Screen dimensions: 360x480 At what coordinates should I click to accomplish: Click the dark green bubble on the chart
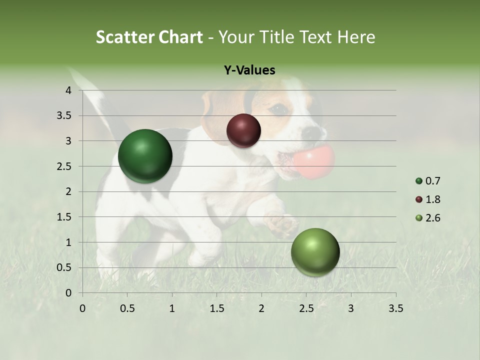point(145,156)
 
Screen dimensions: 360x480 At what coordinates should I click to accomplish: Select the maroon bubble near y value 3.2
point(243,130)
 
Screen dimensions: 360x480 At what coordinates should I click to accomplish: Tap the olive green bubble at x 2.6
point(315,252)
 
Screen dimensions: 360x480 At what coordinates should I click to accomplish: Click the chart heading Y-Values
point(249,70)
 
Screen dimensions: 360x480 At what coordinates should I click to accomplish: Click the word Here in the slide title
point(356,37)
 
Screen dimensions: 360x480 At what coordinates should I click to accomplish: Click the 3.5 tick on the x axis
point(395,308)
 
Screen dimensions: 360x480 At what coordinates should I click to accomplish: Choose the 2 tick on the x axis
point(261,308)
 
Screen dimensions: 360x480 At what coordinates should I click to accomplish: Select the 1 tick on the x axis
point(172,308)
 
